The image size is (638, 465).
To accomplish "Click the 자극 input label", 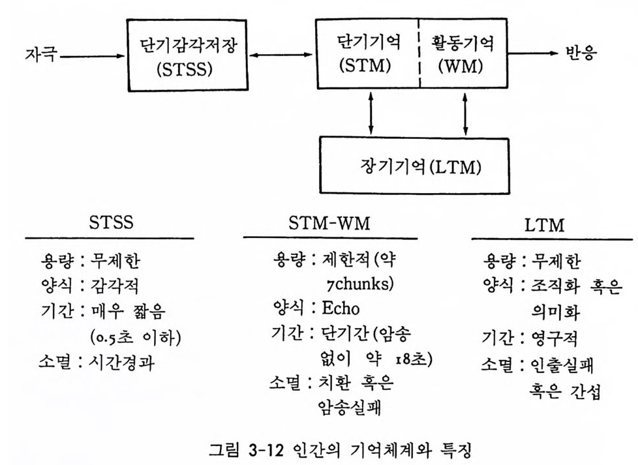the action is tap(40, 54).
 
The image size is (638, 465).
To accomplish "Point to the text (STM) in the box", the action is tap(365, 66).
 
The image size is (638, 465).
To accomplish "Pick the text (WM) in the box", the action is tap(461, 66).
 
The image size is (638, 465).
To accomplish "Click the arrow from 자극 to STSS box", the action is tap(92, 56).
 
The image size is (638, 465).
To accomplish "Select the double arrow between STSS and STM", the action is tap(281, 55).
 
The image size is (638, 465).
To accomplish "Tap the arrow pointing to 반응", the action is tap(532, 53).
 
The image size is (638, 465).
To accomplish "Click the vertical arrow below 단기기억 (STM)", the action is tap(371, 113).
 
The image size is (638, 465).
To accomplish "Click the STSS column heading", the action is tap(111, 222).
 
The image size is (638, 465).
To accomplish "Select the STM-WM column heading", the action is tap(329, 222).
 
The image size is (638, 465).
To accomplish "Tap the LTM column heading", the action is tap(545, 224).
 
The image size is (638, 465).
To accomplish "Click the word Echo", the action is tap(341, 308).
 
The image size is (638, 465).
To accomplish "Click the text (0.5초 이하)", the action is tap(135, 337).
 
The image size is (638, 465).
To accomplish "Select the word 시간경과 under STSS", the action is tap(121, 362).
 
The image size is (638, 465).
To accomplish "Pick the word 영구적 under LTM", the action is tap(554, 338).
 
